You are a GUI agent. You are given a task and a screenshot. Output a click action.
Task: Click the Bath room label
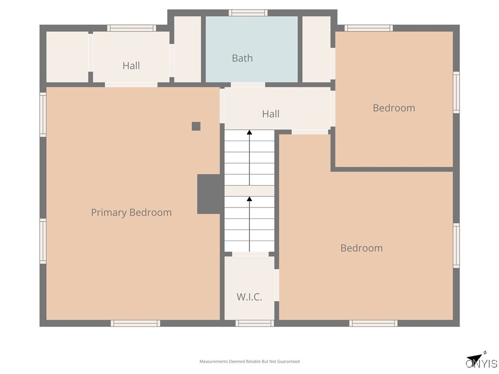click(x=242, y=58)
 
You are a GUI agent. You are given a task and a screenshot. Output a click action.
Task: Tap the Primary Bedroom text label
click(x=131, y=212)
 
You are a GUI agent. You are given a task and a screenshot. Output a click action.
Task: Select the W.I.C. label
click(x=249, y=297)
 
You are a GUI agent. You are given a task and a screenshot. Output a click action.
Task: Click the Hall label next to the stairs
click(x=270, y=114)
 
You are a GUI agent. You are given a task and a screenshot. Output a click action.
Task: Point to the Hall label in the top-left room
click(x=131, y=66)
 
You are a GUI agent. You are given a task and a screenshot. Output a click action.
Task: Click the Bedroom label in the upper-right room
click(x=394, y=108)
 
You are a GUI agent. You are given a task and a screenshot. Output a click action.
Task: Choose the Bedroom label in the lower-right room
click(x=361, y=248)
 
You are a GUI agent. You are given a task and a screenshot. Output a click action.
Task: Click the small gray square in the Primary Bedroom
click(x=196, y=126)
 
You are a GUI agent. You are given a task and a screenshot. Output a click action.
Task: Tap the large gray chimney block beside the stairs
click(x=210, y=194)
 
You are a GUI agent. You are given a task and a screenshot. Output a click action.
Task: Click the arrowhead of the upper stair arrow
click(x=249, y=132)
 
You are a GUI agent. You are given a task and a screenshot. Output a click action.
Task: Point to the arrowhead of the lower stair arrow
click(x=249, y=199)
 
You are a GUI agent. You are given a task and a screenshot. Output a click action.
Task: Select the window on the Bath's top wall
click(x=248, y=13)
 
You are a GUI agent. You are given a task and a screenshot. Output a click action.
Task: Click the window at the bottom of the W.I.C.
click(x=254, y=323)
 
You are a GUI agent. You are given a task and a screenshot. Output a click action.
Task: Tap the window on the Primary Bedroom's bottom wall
click(x=135, y=323)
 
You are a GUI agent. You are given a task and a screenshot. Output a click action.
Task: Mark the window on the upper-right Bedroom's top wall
click(x=368, y=28)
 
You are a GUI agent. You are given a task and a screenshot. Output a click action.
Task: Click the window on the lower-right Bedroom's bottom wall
click(x=373, y=323)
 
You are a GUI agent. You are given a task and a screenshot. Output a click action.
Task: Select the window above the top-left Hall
click(x=131, y=28)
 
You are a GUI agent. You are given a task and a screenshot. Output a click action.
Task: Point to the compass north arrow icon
click(x=475, y=358)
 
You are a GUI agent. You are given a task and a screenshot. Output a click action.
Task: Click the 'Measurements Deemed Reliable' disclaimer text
click(x=249, y=361)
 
